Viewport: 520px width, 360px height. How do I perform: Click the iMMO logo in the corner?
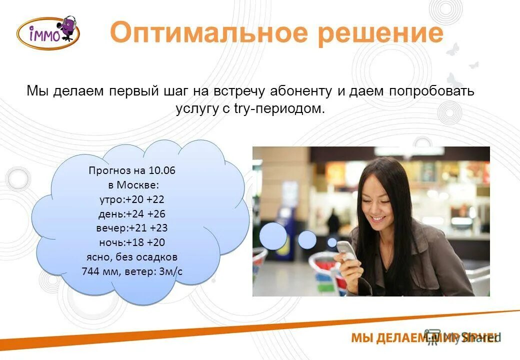(48, 32)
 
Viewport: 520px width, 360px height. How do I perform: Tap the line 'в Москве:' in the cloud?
(132, 185)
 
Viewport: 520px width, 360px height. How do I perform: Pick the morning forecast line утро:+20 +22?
(132, 199)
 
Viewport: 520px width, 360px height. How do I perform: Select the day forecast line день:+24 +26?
(132, 214)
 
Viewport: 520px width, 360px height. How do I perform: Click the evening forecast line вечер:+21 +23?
(132, 228)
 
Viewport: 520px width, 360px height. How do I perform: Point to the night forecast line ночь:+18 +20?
(132, 243)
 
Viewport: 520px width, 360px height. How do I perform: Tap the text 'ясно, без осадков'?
(132, 257)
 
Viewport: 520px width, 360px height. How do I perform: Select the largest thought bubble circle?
(273, 235)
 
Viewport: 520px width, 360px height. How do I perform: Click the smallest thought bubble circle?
(332, 242)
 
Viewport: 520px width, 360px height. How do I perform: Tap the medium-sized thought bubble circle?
(307, 239)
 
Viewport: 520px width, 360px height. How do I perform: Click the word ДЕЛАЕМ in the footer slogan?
(400, 338)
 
